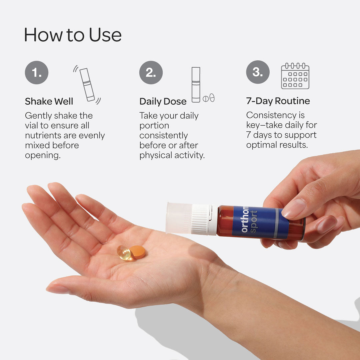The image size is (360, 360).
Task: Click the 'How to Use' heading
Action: pyautogui.click(x=73, y=35)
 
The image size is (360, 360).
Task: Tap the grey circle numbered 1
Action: pyautogui.click(x=37, y=72)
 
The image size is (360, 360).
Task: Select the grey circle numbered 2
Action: pyautogui.click(x=151, y=72)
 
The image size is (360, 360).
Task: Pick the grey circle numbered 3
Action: pyautogui.click(x=258, y=72)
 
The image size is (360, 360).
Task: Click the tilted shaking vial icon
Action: pyautogui.click(x=87, y=84)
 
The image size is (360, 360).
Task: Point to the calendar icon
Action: pyautogui.click(x=295, y=76)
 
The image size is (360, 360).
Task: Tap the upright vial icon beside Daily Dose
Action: pyautogui.click(x=196, y=85)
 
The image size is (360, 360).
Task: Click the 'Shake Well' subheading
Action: pyautogui.click(x=49, y=101)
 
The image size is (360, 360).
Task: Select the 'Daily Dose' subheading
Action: pyautogui.click(x=163, y=101)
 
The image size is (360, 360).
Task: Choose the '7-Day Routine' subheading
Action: pyautogui.click(x=278, y=101)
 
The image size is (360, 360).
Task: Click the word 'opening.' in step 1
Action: pyautogui.click(x=43, y=155)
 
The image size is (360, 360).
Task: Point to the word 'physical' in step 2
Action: pyautogui.click(x=156, y=155)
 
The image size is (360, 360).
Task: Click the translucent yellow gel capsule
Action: pyautogui.click(x=124, y=253)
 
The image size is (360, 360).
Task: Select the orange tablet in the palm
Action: pyautogui.click(x=138, y=252)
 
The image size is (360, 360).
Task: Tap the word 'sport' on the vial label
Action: pyautogui.click(x=254, y=222)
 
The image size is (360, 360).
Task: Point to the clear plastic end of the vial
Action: pyautogui.click(x=179, y=218)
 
